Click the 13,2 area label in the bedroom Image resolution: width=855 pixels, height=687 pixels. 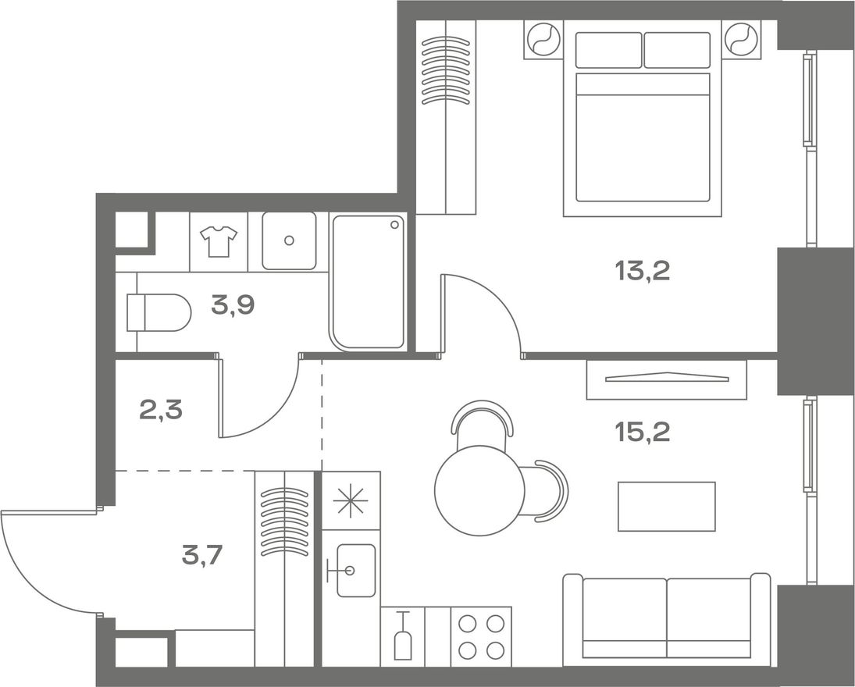pyautogui.click(x=642, y=271)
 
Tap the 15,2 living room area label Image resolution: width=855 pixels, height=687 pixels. pyautogui.click(x=642, y=432)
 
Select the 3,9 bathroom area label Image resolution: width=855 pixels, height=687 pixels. pyautogui.click(x=233, y=306)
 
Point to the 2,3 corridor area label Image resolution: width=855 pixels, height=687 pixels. pyautogui.click(x=161, y=410)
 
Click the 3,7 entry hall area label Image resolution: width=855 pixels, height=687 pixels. pyautogui.click(x=202, y=556)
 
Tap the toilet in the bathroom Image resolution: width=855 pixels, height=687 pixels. pyautogui.click(x=159, y=312)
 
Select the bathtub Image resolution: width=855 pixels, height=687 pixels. pyautogui.click(x=368, y=282)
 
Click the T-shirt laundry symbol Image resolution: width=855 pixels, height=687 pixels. pyautogui.click(x=219, y=241)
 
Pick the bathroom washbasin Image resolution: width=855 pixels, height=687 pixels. pyautogui.click(x=289, y=240)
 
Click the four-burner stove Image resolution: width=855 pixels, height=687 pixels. pyautogui.click(x=481, y=636)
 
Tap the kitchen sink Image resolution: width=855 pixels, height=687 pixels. pyautogui.click(x=355, y=571)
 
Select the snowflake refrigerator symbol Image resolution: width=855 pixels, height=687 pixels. pyautogui.click(x=351, y=500)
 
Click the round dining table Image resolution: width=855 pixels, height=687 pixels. pyautogui.click(x=479, y=490)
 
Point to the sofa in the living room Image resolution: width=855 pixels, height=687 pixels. pyautogui.click(x=667, y=619)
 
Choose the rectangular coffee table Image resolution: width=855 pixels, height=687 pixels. pyautogui.click(x=666, y=507)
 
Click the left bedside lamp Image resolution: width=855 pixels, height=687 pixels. pyautogui.click(x=543, y=39)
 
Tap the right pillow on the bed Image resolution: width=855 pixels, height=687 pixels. pyautogui.click(x=677, y=50)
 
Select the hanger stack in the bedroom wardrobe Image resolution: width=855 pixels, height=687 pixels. pyautogui.click(x=446, y=71)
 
